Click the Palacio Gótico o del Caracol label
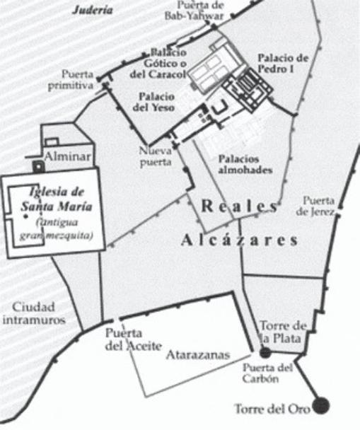point(168,63)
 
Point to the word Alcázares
point(239,240)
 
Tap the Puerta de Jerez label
point(320,205)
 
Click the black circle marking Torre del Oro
point(321,405)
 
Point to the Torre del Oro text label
point(274,409)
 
